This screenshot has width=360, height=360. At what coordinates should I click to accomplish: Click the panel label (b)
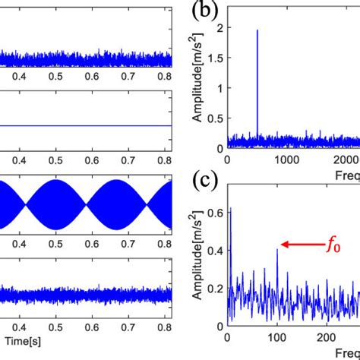[205, 11]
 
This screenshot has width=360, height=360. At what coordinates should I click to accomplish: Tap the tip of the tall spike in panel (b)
[257, 30]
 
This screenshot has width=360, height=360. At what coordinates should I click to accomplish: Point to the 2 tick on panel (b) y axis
[220, 28]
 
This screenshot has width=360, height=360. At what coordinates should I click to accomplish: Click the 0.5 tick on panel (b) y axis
[216, 118]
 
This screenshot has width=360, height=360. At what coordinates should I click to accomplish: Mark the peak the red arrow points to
[277, 250]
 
